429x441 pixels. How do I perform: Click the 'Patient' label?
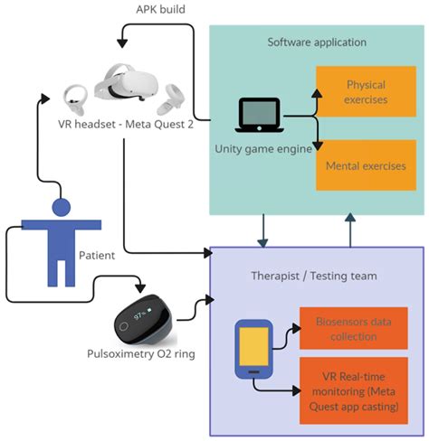pyautogui.click(x=96, y=255)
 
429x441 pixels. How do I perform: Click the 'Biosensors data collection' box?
pyautogui.click(x=353, y=327)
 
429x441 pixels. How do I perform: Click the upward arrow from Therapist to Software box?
pyautogui.click(x=350, y=230)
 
